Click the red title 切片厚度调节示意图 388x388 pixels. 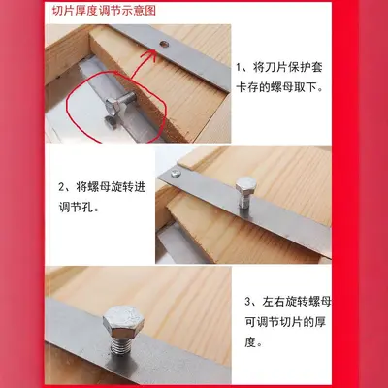click(104, 11)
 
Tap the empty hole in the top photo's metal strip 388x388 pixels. click(165, 44)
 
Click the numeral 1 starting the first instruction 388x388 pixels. click(239, 68)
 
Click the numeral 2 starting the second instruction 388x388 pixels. click(62, 187)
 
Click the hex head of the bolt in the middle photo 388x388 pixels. click(246, 184)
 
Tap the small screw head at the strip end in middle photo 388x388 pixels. click(177, 174)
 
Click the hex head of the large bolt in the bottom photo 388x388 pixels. click(123, 321)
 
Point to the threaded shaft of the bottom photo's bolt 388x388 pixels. click(122, 345)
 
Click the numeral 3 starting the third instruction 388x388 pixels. click(247, 302)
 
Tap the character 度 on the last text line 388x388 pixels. click(250, 341)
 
